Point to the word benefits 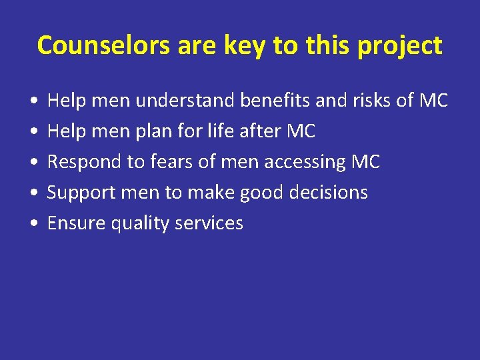pos(284,101)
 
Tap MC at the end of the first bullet pos(433,101)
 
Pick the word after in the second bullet pos(262,131)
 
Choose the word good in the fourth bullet pos(256,193)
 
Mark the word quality pos(140,223)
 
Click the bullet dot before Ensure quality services pos(33,223)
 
